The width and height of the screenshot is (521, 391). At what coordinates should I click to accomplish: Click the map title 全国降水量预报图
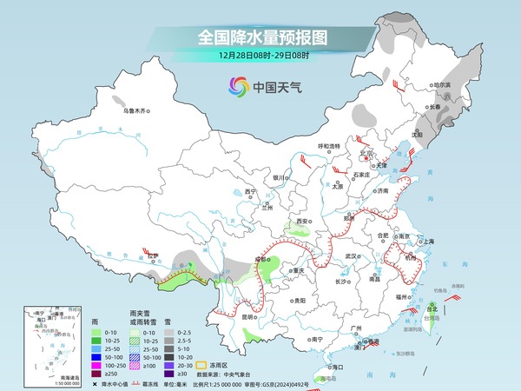260,37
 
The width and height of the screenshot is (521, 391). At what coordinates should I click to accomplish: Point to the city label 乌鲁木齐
136,111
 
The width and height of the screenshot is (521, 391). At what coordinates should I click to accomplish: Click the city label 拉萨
153,255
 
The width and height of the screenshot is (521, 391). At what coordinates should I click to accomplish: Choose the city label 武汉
352,256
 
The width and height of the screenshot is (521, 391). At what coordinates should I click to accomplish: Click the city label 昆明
250,317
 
